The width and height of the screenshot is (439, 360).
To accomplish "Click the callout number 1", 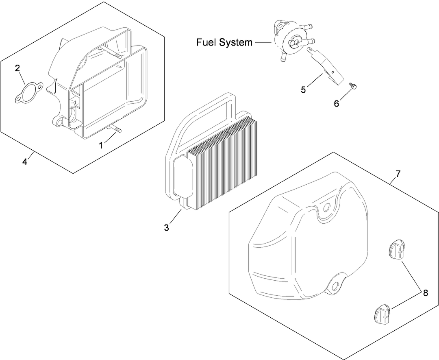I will pos(101,145).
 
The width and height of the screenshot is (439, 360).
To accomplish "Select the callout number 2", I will pos(17,68).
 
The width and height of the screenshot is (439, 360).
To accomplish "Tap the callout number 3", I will pos(166,228).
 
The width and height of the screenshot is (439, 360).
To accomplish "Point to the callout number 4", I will pos(25,162).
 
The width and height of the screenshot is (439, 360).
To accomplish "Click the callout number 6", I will pos(336,103).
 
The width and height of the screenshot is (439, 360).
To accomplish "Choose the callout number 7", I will pos(398,174).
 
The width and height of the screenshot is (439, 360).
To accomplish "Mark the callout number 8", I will pos(425,292).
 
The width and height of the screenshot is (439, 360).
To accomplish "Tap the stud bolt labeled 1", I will pos(116,130).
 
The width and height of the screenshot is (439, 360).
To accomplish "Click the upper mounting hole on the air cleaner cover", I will pos(325,207).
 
